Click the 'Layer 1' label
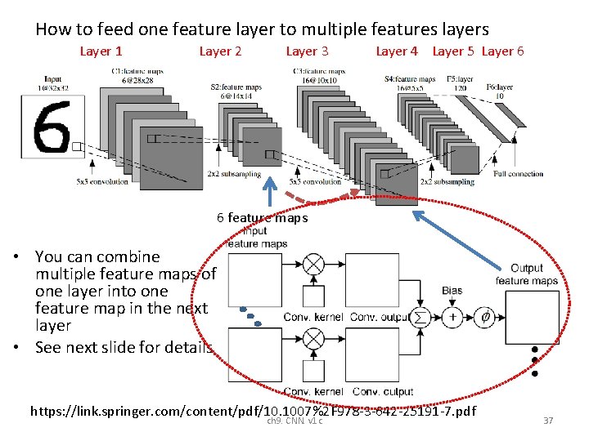101,51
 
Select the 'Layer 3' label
307,51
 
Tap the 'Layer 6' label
502,51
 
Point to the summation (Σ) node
421,317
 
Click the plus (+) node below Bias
452,317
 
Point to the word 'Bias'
452,290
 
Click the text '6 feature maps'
262,217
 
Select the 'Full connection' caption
519,174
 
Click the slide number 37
548,420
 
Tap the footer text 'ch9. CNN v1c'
294,421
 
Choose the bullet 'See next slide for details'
124,346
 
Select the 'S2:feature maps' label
236,87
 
